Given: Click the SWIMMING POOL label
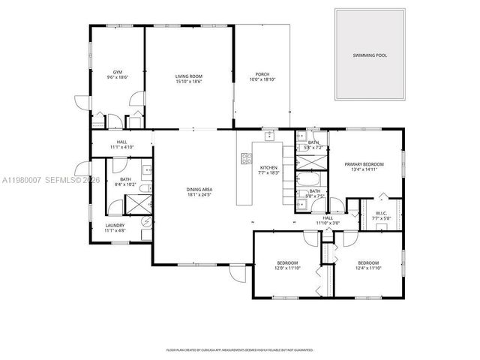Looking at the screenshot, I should click(x=370, y=55).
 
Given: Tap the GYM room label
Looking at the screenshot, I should click(x=118, y=73).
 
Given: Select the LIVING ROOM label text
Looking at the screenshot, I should click(x=189, y=76).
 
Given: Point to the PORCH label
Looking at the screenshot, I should click(x=262, y=74).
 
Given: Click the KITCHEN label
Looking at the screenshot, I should click(x=268, y=168).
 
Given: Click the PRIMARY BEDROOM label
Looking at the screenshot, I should click(x=364, y=163).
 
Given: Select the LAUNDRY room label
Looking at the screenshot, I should click(x=115, y=224).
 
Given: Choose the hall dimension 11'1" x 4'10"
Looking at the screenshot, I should click(x=121, y=147).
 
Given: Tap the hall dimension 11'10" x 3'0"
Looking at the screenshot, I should click(x=328, y=223).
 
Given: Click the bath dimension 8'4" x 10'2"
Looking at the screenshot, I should click(x=125, y=184).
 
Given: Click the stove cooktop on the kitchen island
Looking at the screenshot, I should click(x=244, y=157).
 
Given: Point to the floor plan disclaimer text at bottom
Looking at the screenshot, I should click(x=239, y=349).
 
